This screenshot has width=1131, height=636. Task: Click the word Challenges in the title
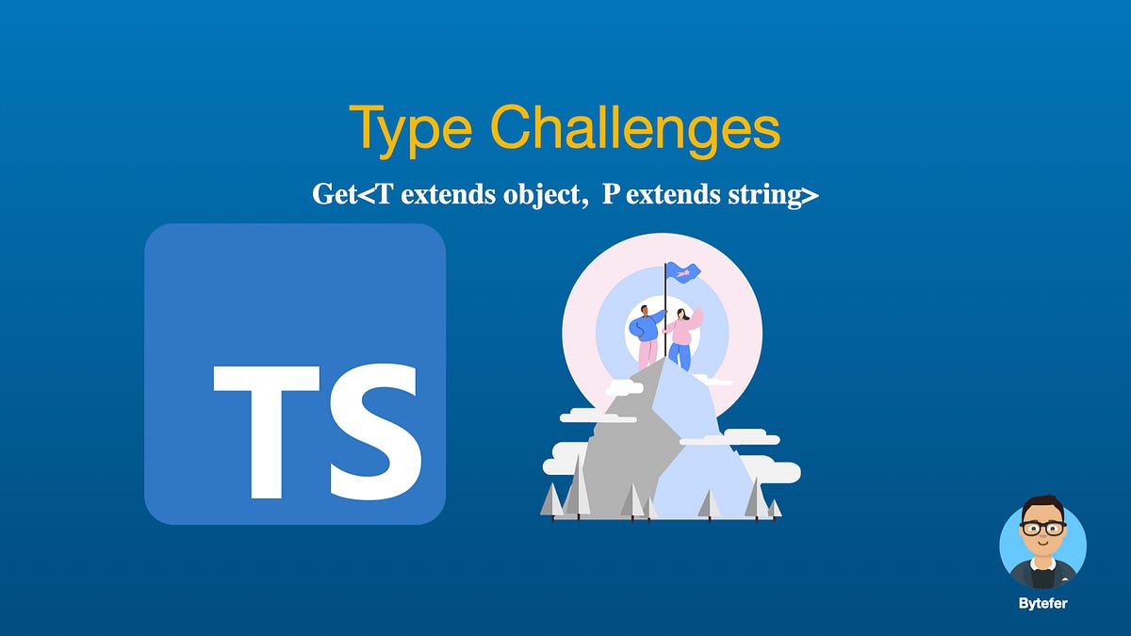pyautogui.click(x=634, y=129)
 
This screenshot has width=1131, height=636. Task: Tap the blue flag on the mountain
pyautogui.click(x=682, y=272)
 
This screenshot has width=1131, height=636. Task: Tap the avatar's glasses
pyautogui.click(x=1042, y=529)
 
